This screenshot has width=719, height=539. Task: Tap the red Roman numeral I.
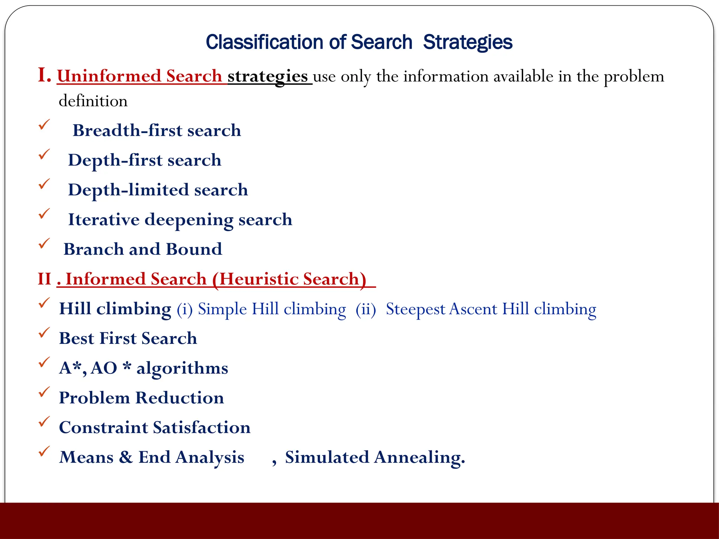44,75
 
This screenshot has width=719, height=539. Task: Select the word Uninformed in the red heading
109,76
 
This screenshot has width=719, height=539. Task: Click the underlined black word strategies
268,76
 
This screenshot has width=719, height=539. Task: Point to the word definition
93,101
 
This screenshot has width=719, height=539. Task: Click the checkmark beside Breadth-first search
44,125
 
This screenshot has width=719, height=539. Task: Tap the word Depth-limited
128,190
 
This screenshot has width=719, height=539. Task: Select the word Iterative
104,220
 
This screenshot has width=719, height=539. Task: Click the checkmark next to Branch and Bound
44,243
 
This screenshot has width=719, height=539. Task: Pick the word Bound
194,249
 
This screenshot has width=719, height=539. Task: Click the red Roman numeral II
45,279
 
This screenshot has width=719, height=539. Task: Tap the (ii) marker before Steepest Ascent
365,310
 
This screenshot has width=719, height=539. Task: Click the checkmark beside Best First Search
44,332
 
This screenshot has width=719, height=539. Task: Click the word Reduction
179,398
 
